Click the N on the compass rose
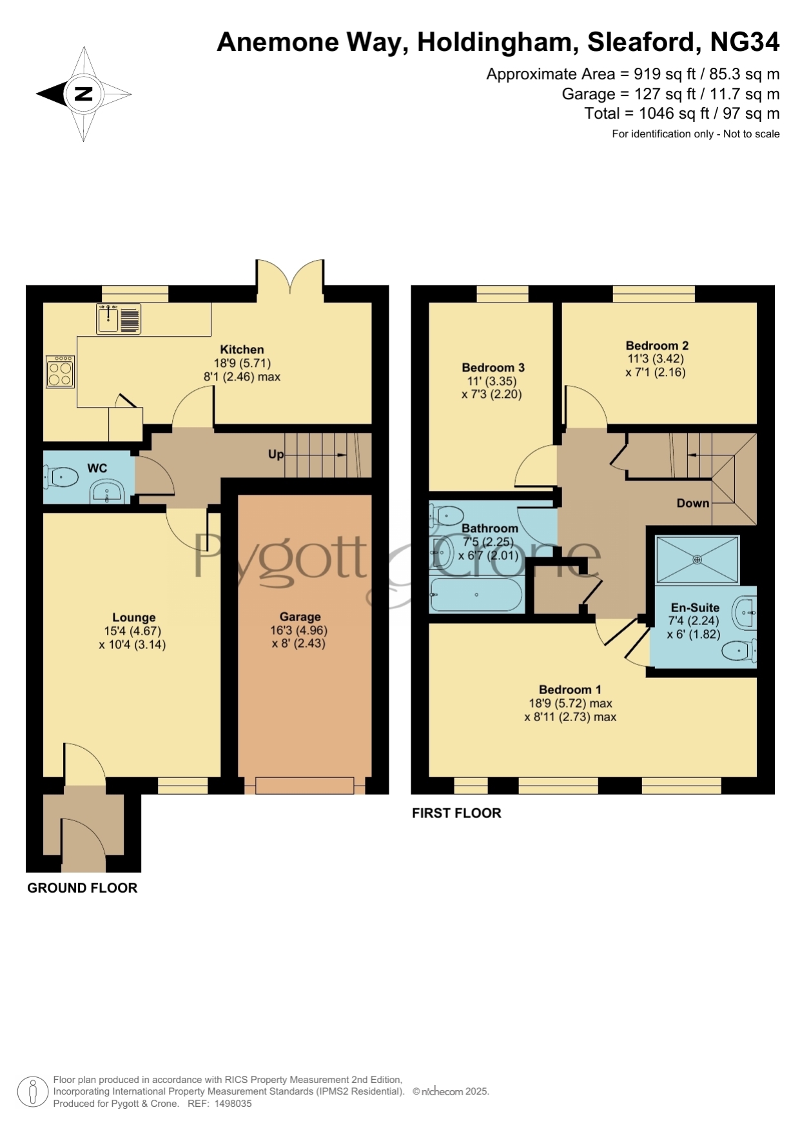click(x=84, y=94)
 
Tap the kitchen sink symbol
click(x=119, y=319)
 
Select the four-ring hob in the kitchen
click(x=60, y=372)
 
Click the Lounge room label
click(x=133, y=617)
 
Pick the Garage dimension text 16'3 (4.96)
click(x=298, y=630)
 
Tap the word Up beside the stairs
click(x=276, y=454)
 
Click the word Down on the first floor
click(x=693, y=503)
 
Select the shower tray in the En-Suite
click(x=697, y=559)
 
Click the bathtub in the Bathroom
click(x=476, y=595)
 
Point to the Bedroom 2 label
click(x=657, y=345)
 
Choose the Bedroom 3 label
click(x=493, y=368)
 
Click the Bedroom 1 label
click(x=570, y=690)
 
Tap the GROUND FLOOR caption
click(x=83, y=888)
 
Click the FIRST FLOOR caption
click(x=456, y=813)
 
